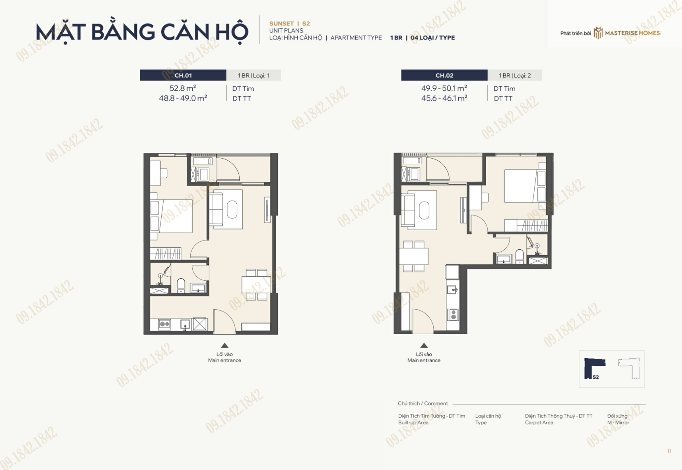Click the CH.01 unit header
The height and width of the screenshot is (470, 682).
183,75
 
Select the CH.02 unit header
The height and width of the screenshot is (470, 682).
444,75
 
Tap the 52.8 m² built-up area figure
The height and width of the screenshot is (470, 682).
183,88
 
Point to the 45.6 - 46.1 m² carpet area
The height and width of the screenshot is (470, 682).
444,98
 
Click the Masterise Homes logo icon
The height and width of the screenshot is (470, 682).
598,33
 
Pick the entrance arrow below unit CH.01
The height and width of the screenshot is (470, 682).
224,346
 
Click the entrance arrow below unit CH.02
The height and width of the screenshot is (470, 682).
424,346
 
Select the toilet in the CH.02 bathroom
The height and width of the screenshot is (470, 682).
519,256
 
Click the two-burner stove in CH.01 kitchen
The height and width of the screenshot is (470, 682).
164,324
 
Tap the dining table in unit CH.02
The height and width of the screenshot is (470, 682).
414,256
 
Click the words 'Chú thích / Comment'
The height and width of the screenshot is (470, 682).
423,403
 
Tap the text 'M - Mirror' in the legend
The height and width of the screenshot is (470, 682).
618,423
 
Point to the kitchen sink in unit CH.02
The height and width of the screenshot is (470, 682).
453,290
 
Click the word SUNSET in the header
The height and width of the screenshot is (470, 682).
281,24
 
